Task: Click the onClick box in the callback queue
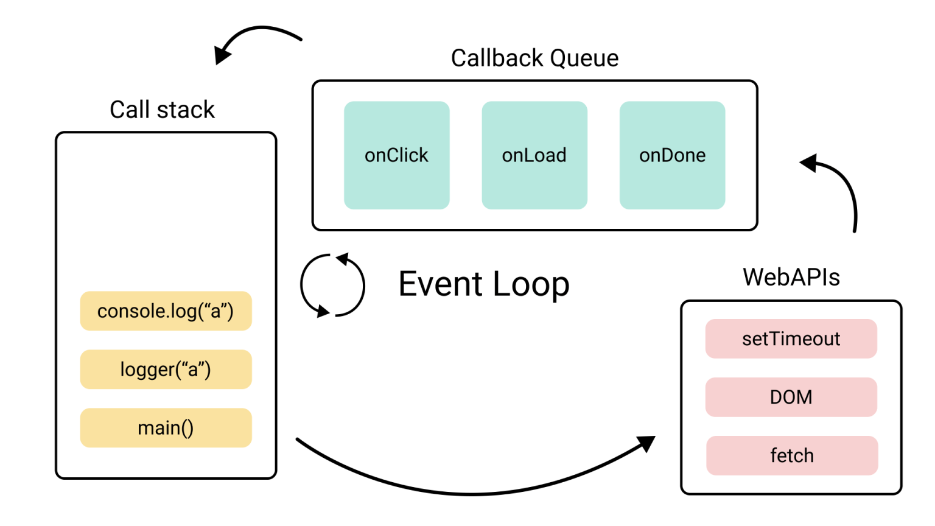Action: [x=396, y=155]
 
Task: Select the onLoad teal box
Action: [x=534, y=155]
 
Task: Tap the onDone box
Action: [x=672, y=155]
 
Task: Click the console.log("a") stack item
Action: [x=166, y=311]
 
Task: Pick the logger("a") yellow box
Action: [x=166, y=370]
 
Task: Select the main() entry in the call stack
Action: [x=166, y=428]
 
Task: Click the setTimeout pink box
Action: [x=791, y=338]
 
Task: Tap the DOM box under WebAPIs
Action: [x=791, y=397]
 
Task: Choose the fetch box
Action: [x=791, y=455]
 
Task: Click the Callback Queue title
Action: [x=534, y=58]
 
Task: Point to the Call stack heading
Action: [x=162, y=110]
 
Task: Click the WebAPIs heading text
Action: [x=791, y=278]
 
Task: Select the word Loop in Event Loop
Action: [x=531, y=284]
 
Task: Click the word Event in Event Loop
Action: [x=441, y=284]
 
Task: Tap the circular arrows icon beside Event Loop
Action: [x=332, y=286]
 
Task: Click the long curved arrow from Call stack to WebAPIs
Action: [x=472, y=493]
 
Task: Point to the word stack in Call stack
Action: [x=186, y=110]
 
